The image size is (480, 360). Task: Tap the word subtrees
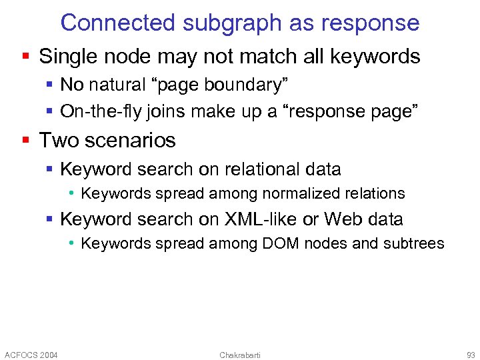(413, 243)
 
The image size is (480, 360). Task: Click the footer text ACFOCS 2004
(31, 355)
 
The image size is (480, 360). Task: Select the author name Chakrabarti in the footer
(240, 355)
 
